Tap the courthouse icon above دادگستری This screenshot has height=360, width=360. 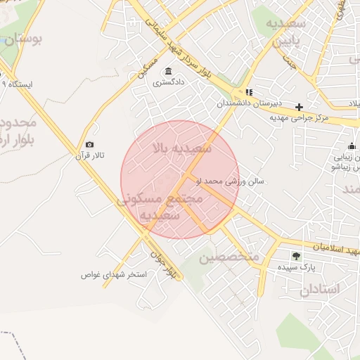(x=168, y=71)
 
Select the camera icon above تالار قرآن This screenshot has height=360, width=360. (x=89, y=144)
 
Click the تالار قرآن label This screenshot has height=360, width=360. (x=89, y=155)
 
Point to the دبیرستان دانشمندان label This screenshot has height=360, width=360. (x=243, y=103)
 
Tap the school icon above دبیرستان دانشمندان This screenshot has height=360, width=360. (x=249, y=92)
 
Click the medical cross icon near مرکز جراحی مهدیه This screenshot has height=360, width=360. (x=300, y=107)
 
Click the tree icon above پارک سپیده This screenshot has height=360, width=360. (x=296, y=256)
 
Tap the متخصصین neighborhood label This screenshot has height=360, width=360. (x=229, y=257)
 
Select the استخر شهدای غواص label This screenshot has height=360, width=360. (x=113, y=274)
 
